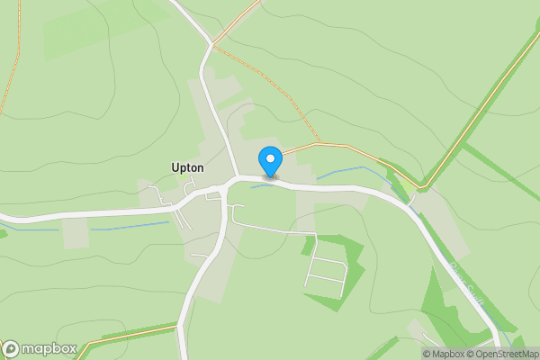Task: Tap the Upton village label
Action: point(188,167)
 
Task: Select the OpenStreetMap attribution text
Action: point(506,354)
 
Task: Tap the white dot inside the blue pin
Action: point(270,158)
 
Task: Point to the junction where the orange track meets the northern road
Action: point(212,43)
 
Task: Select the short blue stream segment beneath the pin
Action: point(262,186)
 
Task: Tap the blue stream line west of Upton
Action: point(126,226)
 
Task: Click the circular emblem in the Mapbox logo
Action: point(11,349)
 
